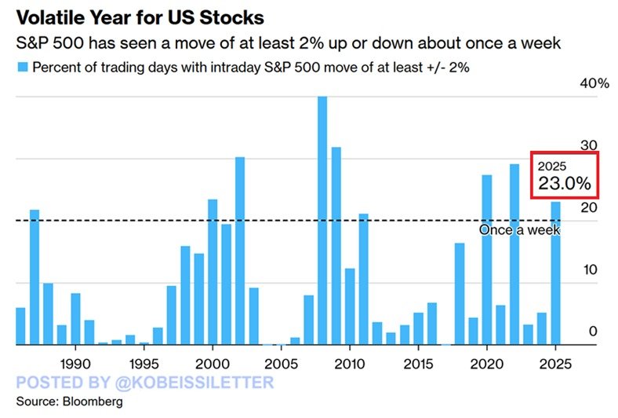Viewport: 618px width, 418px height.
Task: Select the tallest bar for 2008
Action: [x=322, y=220]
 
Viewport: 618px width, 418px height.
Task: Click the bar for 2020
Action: [x=486, y=259]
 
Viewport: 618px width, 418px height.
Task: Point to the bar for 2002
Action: [x=240, y=251]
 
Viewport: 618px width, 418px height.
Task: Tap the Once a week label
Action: [x=519, y=229]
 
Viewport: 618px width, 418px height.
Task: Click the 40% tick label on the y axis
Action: [x=594, y=84]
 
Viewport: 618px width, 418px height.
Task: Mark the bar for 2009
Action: [x=336, y=245]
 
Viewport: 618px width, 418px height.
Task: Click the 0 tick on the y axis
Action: [x=594, y=331]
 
